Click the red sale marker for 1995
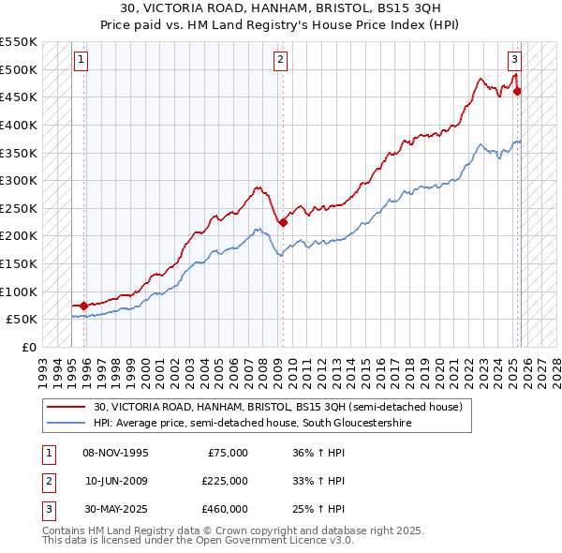(84, 305)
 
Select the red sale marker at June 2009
(283, 222)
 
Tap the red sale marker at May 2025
(518, 92)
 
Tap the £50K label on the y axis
(22, 319)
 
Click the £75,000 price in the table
(228, 453)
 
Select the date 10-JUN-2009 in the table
(116, 481)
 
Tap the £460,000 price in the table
(225, 509)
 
